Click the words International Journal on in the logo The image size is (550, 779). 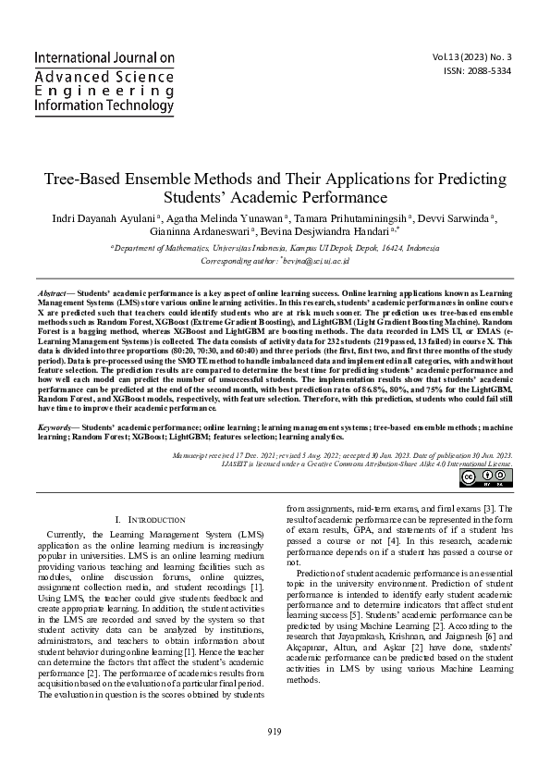(x=104, y=57)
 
